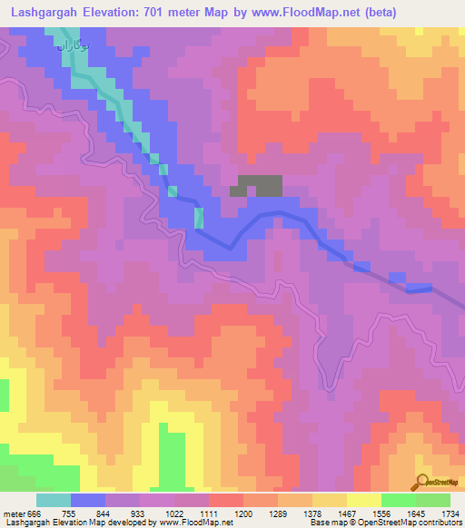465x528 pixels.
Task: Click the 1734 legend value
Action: click(449, 513)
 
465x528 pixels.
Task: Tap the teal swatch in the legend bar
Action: click(54, 500)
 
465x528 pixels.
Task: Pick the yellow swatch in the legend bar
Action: click(363, 500)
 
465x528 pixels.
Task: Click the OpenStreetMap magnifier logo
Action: click(420, 482)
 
